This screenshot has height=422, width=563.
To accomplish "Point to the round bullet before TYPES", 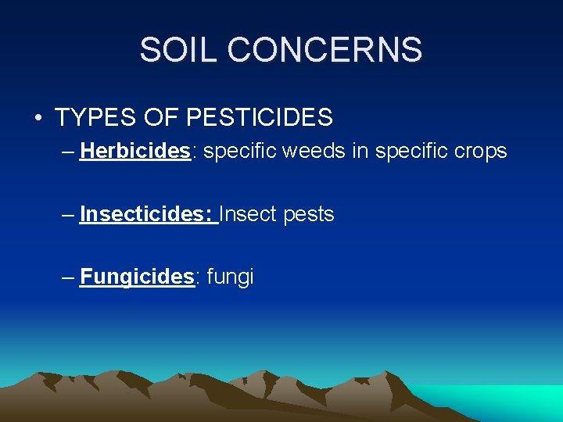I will pyautogui.click(x=38, y=118).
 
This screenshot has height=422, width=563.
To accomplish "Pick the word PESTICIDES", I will pyautogui.click(x=260, y=118).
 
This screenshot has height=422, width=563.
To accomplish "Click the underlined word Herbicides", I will pyautogui.click(x=135, y=150).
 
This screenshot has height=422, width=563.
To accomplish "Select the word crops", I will pyautogui.click(x=479, y=150).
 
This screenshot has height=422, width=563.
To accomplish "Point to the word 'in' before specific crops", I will pyautogui.click(x=360, y=150).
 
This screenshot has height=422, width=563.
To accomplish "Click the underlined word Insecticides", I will pyautogui.click(x=147, y=213).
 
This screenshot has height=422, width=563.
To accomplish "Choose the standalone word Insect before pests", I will pyautogui.click(x=248, y=213).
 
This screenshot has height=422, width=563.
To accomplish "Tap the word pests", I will pyautogui.click(x=309, y=215).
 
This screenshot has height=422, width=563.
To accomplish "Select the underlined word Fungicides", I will pyautogui.click(x=137, y=277).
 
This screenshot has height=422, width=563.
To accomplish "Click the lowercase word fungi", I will pyautogui.click(x=230, y=277).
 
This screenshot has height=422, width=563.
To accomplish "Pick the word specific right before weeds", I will pyautogui.click(x=241, y=151).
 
